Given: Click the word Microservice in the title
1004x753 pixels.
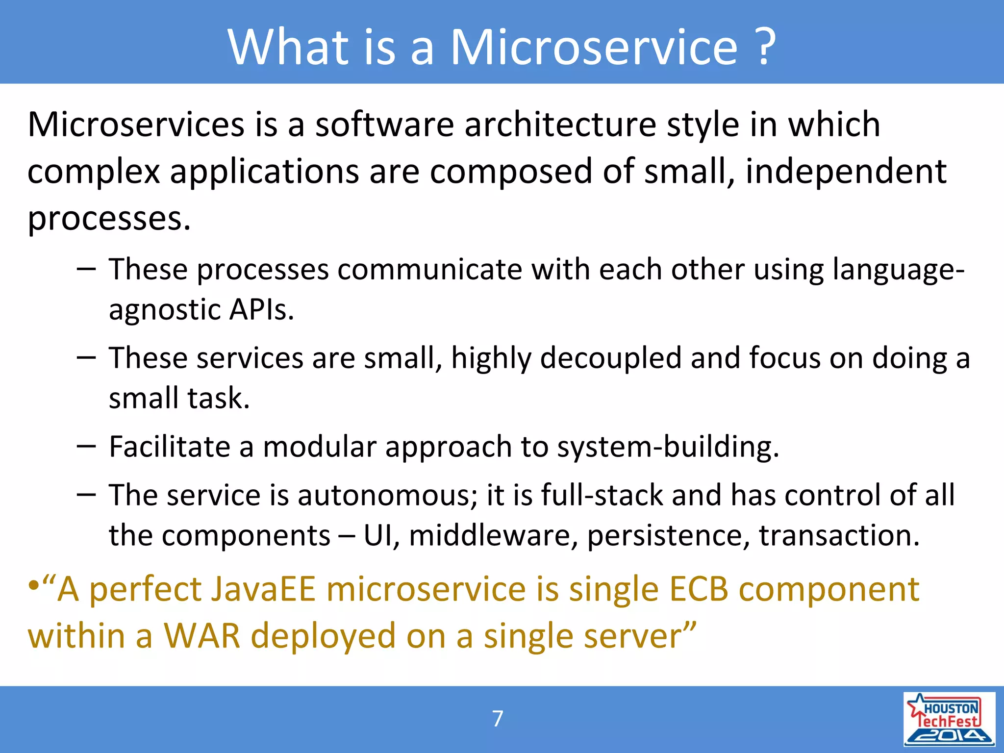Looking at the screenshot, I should (593, 47).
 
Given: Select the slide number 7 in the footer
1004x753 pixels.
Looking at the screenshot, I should (498, 719).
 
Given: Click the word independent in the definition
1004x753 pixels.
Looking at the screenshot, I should (846, 172).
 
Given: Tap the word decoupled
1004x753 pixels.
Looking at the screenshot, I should (610, 358).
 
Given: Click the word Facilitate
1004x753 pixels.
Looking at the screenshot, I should (170, 447).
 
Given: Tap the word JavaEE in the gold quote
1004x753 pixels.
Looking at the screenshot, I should (263, 589).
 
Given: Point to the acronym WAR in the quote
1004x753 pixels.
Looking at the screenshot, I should (201, 636).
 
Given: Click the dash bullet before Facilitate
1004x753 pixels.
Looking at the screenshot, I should (86, 447).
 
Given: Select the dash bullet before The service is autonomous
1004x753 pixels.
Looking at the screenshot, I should (86, 495).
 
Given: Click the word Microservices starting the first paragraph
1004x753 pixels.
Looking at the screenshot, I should (136, 125).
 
